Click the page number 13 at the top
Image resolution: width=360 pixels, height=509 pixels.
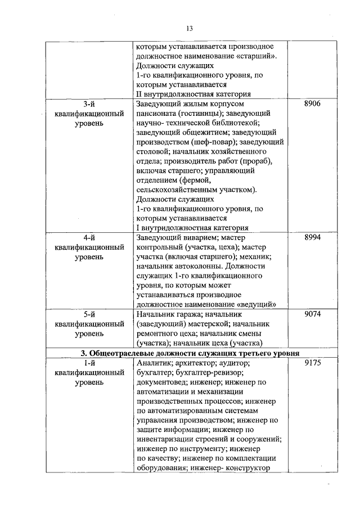(190, 29)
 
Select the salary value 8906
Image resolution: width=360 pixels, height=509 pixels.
(312, 104)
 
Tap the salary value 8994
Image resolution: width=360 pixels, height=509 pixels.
(312, 238)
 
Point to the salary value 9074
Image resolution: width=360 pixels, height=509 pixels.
(312, 314)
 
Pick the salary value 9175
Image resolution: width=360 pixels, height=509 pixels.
(312, 363)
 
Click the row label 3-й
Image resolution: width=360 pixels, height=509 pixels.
(89, 104)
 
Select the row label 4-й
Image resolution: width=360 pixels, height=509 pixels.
(89, 238)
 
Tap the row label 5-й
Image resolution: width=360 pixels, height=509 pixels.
(89, 314)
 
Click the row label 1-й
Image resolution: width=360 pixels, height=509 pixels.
(89, 363)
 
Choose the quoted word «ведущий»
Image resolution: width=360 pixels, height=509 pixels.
(256, 304)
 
